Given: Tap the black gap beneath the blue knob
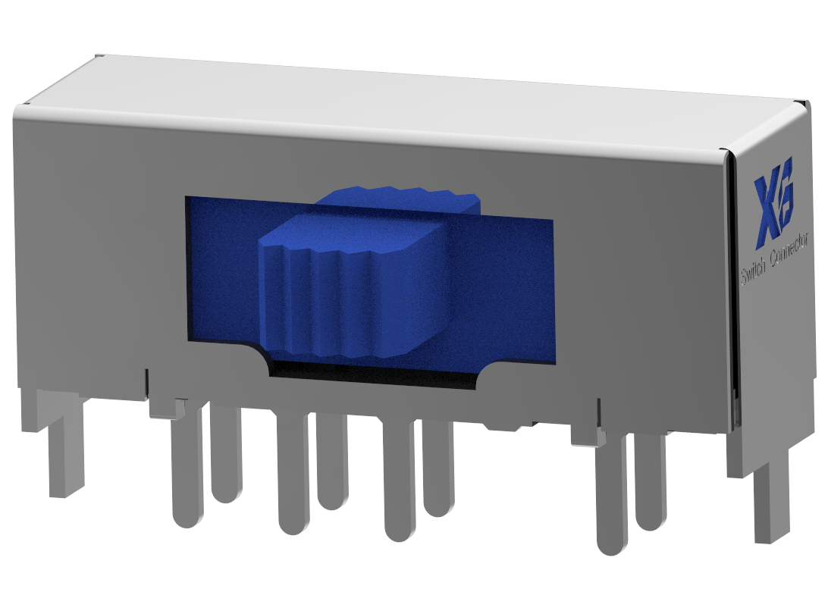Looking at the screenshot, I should coord(372,373).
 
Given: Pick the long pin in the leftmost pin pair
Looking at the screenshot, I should coord(187,470).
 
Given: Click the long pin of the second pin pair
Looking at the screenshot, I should coord(293,478).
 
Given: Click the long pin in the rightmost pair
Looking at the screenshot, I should coord(613,497).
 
